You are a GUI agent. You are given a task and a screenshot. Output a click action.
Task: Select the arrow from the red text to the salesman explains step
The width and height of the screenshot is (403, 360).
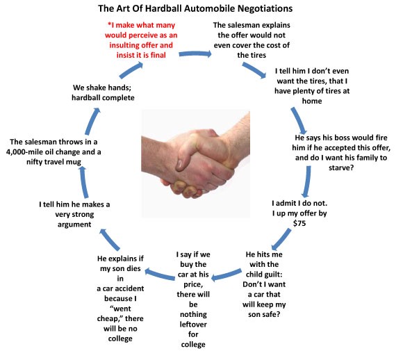(195, 54)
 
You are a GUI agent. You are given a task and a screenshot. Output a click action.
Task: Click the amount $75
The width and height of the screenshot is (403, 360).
(299, 223)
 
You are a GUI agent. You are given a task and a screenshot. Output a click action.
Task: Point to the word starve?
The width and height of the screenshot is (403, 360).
(341, 167)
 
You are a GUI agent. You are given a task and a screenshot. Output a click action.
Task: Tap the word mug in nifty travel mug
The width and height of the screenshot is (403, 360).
(74, 162)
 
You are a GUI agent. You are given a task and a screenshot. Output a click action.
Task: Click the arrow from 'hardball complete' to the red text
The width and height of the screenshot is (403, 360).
(131, 70)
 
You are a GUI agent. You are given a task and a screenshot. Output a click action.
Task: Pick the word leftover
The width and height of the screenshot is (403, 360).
(193, 325)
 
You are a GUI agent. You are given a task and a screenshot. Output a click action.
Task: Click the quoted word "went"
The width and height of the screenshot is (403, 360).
(120, 309)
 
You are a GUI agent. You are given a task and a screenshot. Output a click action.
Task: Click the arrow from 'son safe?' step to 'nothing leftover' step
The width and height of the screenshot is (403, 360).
(227, 275)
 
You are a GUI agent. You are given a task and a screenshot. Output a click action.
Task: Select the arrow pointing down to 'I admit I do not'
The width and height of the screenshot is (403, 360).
(306, 181)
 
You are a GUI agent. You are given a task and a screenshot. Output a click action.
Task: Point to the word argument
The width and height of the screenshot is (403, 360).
(74, 224)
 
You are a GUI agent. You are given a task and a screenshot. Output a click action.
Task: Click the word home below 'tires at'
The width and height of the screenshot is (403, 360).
(312, 101)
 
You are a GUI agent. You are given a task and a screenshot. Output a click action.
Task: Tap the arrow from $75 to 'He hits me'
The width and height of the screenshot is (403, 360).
(281, 239)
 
